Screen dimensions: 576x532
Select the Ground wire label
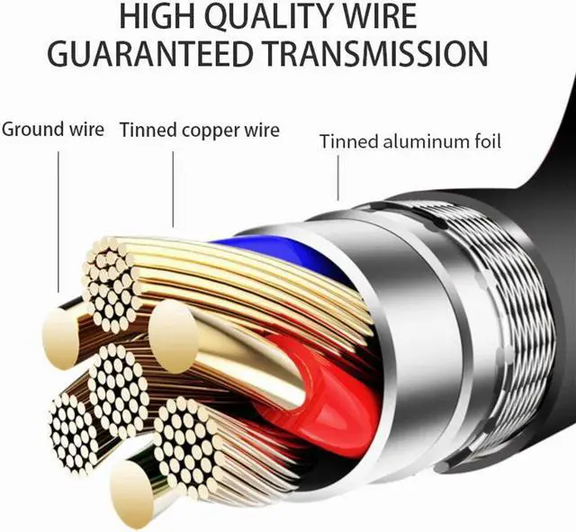coord(52,129)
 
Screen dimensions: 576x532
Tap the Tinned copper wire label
coord(199,130)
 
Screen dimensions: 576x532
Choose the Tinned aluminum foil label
coord(410,141)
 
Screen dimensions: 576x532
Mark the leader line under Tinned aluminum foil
coord(337,176)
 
